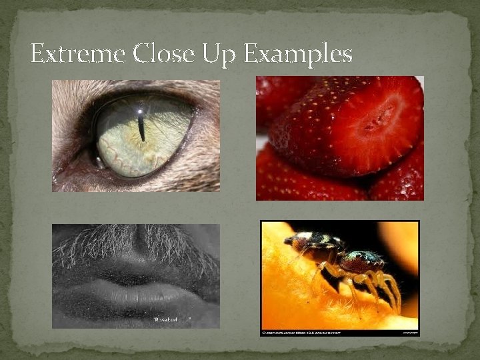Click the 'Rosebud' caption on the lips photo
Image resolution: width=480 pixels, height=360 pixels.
tap(171, 321)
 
